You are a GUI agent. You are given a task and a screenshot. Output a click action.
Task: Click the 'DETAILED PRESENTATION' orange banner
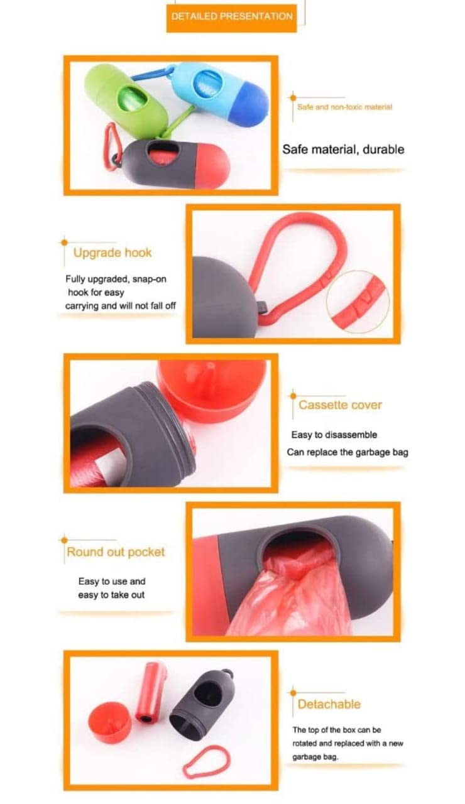(232, 18)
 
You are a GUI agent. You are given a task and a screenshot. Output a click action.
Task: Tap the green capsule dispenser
(125, 101)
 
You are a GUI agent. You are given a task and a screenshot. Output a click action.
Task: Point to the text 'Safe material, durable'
(343, 149)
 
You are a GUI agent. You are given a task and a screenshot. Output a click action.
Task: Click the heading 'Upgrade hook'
(112, 253)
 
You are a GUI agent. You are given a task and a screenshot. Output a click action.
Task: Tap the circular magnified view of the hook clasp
(358, 302)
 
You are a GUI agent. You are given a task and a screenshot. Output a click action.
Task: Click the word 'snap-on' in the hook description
(149, 279)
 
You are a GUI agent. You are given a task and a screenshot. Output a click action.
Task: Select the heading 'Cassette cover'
(340, 405)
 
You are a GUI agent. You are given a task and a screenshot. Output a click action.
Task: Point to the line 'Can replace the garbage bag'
(347, 452)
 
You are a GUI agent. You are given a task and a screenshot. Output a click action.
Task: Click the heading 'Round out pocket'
(116, 552)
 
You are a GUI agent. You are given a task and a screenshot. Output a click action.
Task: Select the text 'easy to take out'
(111, 595)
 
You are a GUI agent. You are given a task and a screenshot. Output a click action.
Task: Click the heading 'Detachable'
(329, 704)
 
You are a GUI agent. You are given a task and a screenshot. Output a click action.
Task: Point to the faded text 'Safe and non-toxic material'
(344, 107)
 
